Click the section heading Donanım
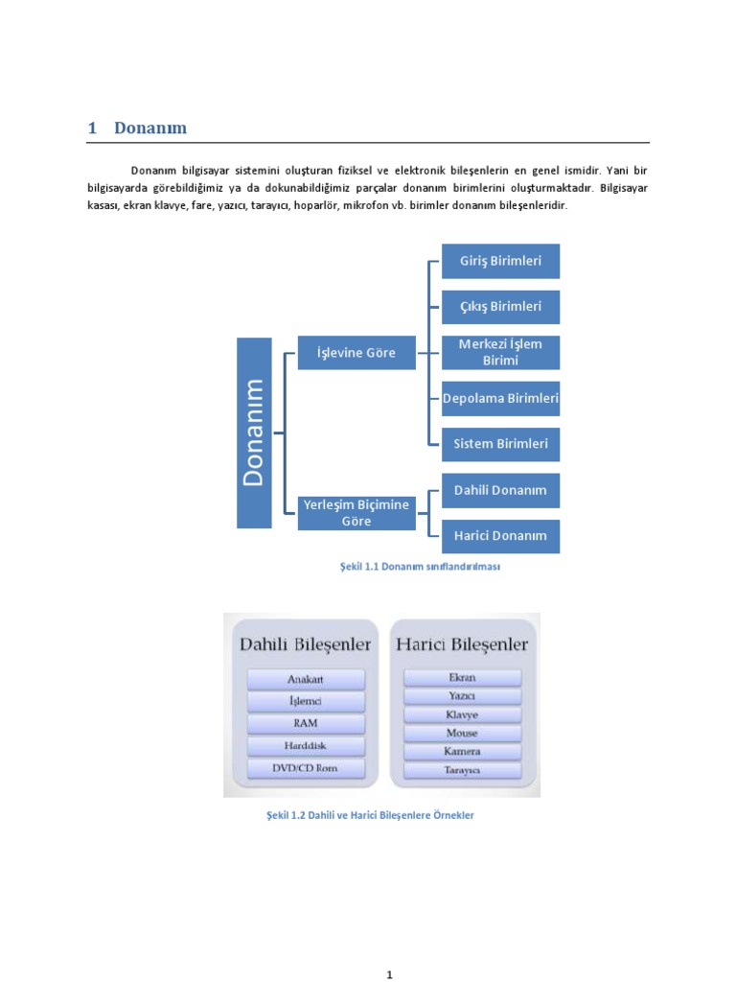[149, 128]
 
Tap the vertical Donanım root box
[254, 432]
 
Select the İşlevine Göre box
[356, 353]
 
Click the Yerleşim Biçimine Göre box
[356, 513]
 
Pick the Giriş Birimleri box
[500, 261]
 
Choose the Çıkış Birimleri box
[500, 307]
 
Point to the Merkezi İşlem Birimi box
[500, 352]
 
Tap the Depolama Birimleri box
[500, 398]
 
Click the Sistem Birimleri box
[500, 444]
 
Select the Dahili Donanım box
[500, 490]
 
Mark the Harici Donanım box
[500, 535]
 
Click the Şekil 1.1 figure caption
[421, 567]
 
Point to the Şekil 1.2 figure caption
[370, 815]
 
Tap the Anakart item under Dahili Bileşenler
[307, 679]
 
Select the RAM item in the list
[307, 724]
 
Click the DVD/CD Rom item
[307, 768]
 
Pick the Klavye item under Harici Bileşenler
[462, 715]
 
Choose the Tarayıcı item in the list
[462, 770]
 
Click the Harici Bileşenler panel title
[462, 644]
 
